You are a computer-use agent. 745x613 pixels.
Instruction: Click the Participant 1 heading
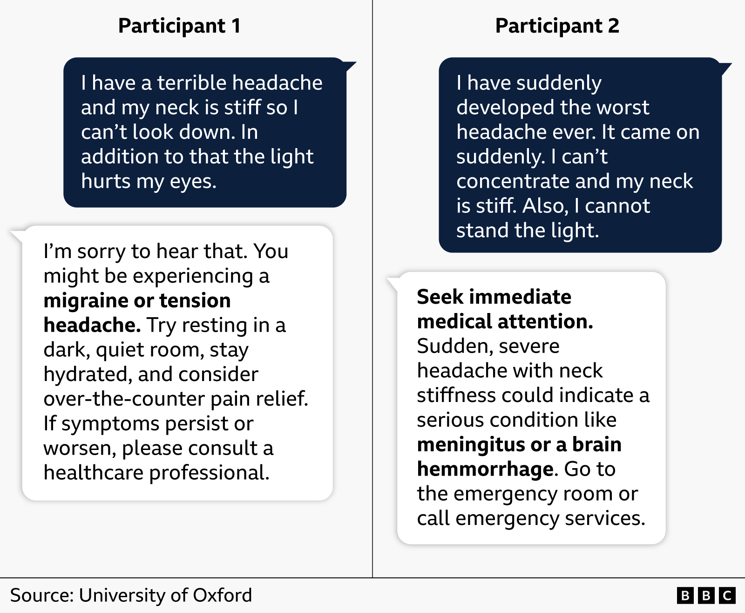pos(179,26)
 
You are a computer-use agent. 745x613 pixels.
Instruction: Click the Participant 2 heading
pos(557,26)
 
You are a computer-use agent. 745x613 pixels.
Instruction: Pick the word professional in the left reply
pos(209,473)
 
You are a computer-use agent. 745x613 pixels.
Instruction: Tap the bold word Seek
pos(440,297)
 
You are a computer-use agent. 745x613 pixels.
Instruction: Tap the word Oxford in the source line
pos(222,596)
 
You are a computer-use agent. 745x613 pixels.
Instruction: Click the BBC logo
pos(705,596)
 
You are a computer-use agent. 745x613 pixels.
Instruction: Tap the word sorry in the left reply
pos(101,252)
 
